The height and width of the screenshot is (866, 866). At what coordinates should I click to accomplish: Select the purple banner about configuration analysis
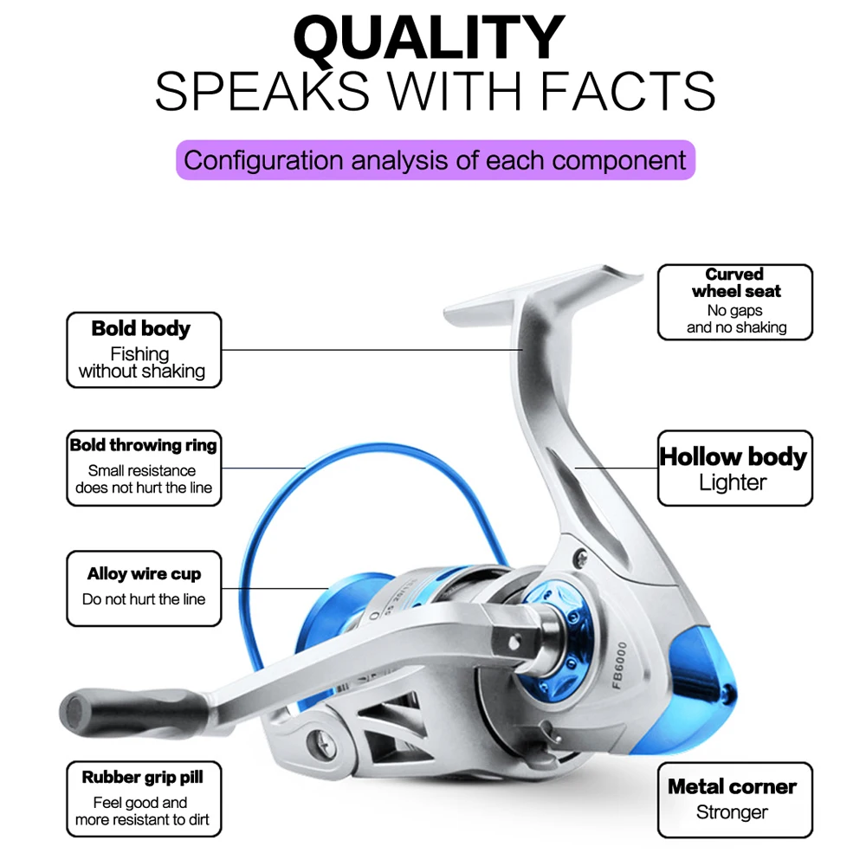tap(435, 160)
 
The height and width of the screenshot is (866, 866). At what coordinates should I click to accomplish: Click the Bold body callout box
tap(144, 350)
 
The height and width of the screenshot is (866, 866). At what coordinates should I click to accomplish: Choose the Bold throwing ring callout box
tap(144, 469)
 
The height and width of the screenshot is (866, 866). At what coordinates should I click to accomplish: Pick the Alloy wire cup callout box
tap(144, 588)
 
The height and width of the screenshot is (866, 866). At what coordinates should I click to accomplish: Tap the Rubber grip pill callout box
tap(144, 799)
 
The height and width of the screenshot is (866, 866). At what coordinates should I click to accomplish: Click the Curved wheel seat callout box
tap(735, 301)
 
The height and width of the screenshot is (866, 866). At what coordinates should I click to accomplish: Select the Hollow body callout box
tap(734, 469)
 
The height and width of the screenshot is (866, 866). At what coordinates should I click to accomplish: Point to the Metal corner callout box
tap(734, 799)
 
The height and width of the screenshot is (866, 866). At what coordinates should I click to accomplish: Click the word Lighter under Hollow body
tap(733, 483)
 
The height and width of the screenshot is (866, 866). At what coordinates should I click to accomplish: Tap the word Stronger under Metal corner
tap(732, 813)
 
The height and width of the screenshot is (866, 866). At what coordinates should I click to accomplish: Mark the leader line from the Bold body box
tap(372, 350)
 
